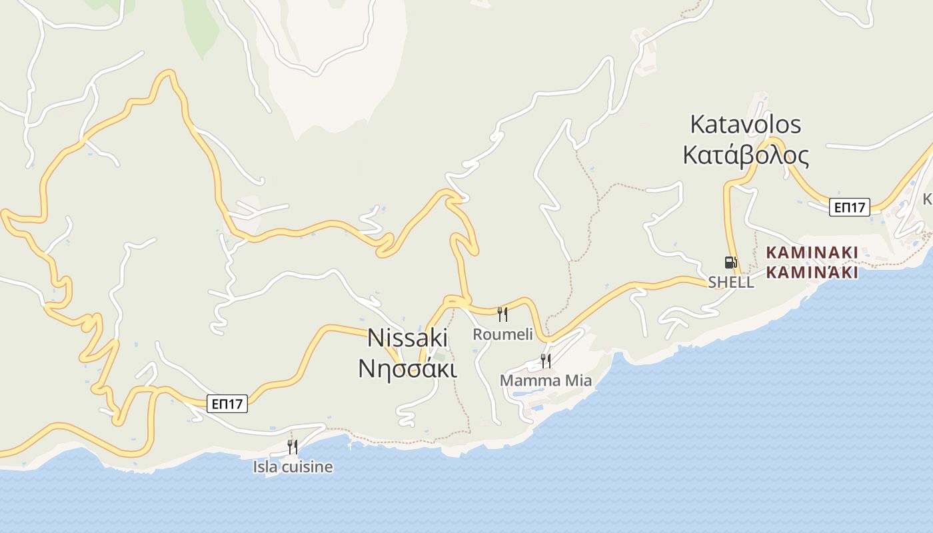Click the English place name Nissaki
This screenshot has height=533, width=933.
(407, 338)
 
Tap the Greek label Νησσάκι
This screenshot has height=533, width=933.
(407, 368)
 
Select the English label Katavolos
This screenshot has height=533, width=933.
(745, 124)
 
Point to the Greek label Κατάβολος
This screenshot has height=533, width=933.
(745, 155)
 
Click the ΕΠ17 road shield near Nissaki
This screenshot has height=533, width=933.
(227, 403)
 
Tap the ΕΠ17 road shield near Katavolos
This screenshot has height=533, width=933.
(850, 207)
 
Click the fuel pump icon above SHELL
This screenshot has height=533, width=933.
(730, 262)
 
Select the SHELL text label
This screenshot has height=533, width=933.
(730, 282)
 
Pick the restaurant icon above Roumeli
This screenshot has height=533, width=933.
(502, 314)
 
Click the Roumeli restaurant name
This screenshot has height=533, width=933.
(502, 334)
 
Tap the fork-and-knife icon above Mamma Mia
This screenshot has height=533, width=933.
(546, 360)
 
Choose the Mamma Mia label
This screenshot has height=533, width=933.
(545, 380)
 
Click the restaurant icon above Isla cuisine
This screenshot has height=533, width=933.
(292, 446)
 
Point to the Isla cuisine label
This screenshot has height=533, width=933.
(293, 467)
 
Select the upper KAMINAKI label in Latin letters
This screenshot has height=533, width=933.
(812, 253)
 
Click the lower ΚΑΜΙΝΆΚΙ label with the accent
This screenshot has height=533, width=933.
(812, 272)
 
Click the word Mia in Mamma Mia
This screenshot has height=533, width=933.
(577, 380)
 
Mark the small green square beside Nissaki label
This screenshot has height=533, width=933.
(440, 357)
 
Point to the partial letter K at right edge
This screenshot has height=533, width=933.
(928, 199)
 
